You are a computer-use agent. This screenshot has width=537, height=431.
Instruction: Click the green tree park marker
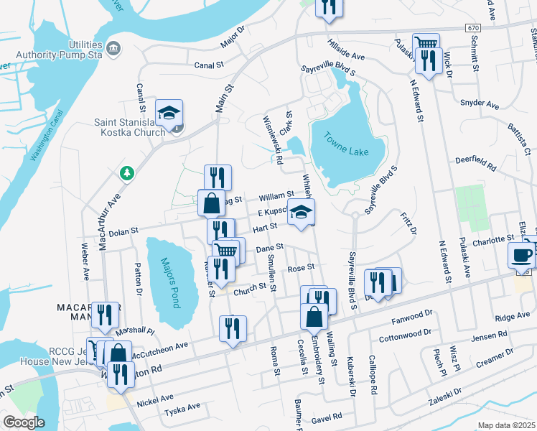(x=127, y=173)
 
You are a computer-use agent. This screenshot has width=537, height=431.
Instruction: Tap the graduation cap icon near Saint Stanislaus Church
(x=169, y=113)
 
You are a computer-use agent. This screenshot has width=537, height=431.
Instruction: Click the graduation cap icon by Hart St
(x=302, y=213)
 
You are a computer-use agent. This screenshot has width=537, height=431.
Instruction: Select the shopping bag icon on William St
(x=212, y=203)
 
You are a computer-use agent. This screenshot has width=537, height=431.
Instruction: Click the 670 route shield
(x=472, y=27)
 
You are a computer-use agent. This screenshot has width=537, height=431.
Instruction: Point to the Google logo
(x=24, y=422)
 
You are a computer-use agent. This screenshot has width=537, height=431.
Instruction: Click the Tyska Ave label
(x=182, y=407)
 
